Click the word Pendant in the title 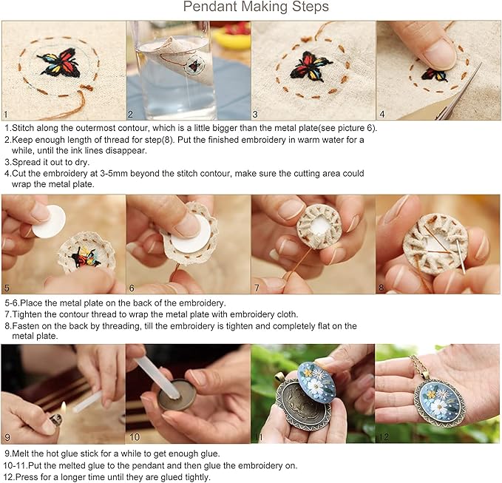210,7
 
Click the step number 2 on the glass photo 130,114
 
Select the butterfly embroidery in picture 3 311,65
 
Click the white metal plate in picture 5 49,222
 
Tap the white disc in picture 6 191,234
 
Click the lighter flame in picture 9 64,408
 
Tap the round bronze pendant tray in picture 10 177,394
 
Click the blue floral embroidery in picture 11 316,380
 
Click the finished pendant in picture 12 439,402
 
